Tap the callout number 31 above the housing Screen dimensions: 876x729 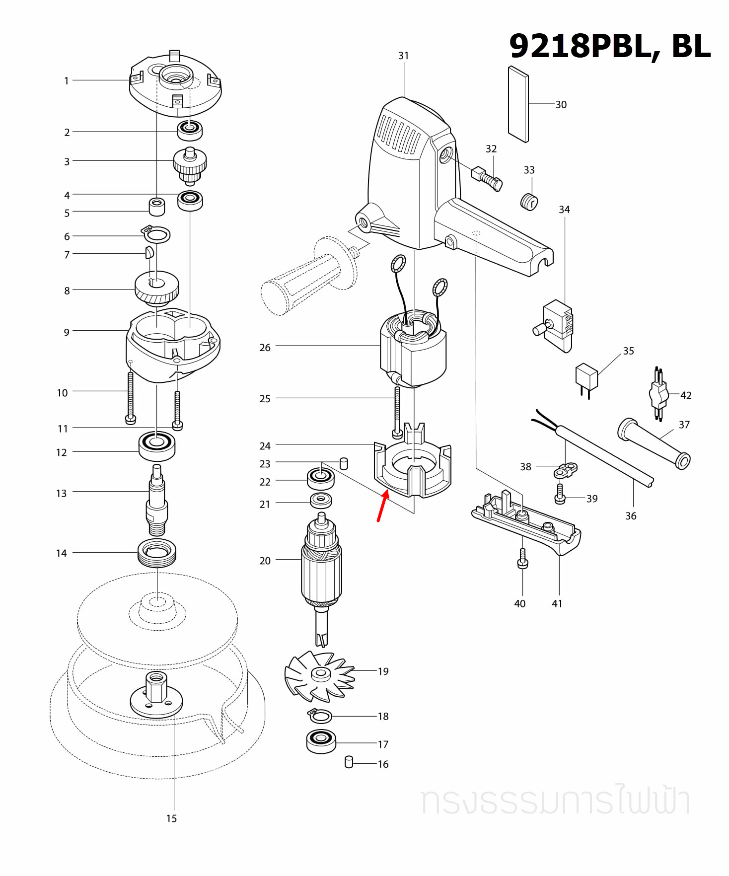click(403, 56)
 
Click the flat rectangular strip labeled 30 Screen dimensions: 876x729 click(518, 104)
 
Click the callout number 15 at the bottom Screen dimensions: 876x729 click(171, 818)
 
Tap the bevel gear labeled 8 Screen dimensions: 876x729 click(157, 288)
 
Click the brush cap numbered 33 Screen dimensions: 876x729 click(529, 202)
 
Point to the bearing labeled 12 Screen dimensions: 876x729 click(157, 446)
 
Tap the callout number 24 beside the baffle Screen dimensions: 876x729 click(265, 446)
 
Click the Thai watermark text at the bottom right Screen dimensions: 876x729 click(555, 801)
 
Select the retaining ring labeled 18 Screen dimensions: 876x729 click(320, 716)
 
